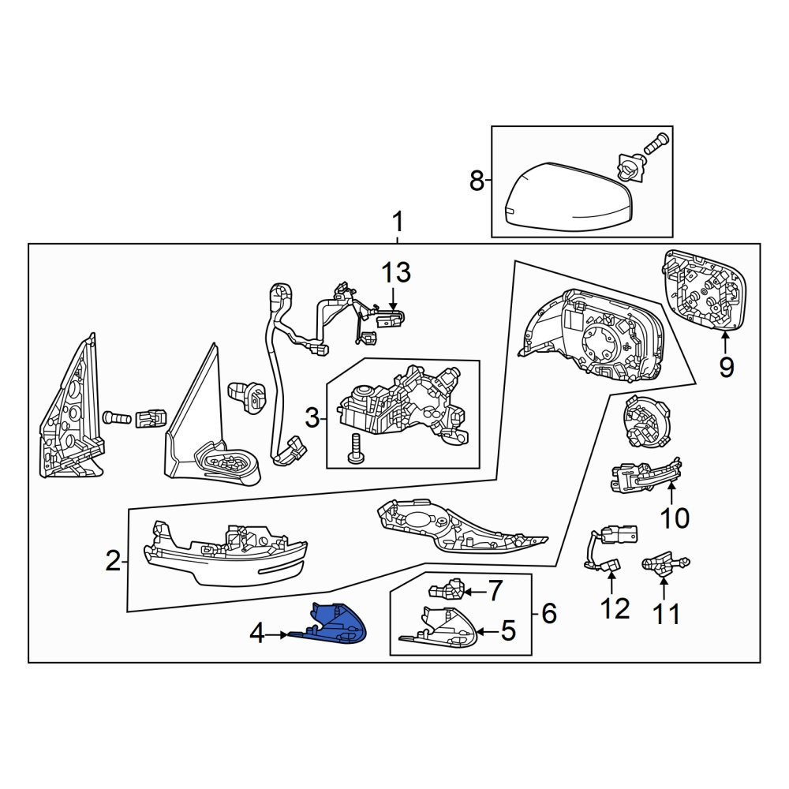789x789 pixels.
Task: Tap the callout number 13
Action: point(395,272)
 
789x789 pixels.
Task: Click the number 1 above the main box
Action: point(398,222)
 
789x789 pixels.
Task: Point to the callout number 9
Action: point(726,367)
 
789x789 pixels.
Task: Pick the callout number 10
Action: point(675,518)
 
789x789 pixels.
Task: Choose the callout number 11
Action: point(666,613)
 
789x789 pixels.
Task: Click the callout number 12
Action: point(615,608)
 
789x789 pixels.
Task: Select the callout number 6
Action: point(548,613)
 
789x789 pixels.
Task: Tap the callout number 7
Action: point(495,589)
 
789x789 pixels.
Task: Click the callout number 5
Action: point(508,630)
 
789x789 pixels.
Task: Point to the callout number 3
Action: point(312,417)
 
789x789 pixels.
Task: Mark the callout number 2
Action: point(113,560)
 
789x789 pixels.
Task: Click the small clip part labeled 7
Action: point(447,589)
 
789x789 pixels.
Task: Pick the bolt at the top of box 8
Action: point(655,143)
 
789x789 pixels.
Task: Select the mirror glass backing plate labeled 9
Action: point(705,291)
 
